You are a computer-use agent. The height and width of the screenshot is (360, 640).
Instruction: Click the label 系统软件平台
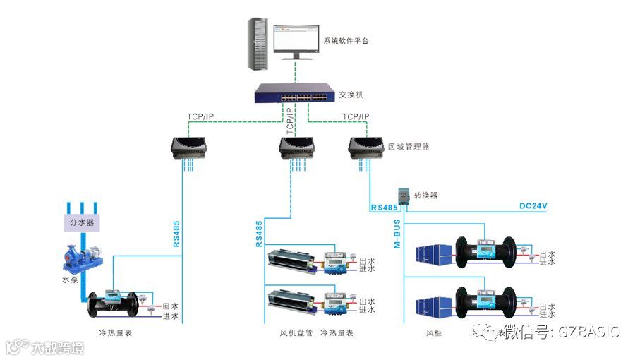click(x=346, y=41)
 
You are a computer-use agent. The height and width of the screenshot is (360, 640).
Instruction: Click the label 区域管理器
click(x=409, y=147)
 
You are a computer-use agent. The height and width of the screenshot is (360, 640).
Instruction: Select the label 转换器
click(x=426, y=195)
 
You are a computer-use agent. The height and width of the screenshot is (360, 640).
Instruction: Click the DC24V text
click(x=533, y=206)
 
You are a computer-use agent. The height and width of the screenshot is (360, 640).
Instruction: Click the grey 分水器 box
click(x=81, y=223)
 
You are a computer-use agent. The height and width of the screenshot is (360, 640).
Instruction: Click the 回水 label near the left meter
click(x=170, y=307)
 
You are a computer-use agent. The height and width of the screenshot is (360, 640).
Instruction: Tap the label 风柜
click(x=435, y=332)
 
